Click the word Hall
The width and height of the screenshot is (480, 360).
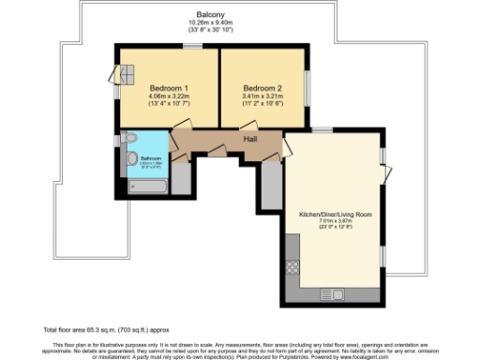click(x=250, y=139)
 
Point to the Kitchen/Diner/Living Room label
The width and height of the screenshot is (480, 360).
click(x=335, y=214)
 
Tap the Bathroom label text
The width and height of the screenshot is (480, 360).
click(x=150, y=158)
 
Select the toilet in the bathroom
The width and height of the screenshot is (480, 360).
click(x=133, y=158)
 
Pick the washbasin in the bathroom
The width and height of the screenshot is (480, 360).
click(x=130, y=140)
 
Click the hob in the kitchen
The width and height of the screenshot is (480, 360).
click(x=291, y=264)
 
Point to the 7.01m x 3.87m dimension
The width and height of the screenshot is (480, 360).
click(x=335, y=222)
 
